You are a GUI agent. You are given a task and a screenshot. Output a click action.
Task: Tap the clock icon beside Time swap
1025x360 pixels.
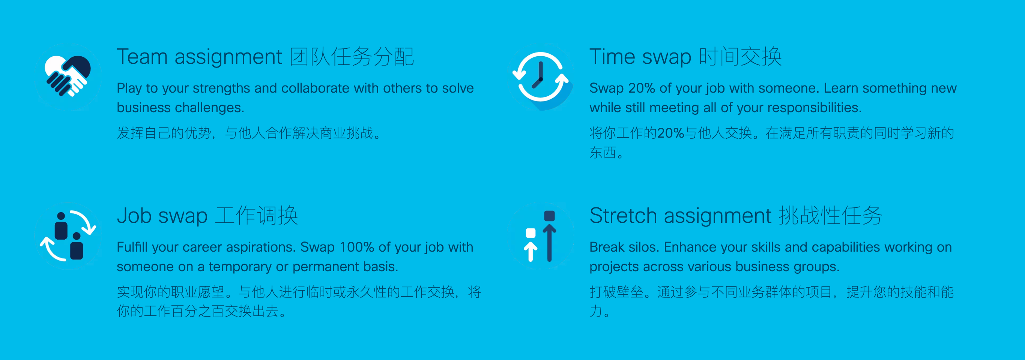pos(541,76)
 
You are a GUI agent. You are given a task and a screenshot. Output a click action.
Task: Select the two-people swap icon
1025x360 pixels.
pos(68,236)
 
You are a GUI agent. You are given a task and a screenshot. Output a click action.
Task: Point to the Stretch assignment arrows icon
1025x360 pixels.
pos(541,236)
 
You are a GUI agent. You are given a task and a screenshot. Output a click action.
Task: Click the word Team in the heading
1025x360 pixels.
pos(142,57)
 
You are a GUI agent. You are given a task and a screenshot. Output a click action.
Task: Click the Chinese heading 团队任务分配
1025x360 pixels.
pos(352,57)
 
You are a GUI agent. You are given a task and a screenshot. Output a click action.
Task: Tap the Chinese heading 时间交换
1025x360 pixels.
pos(740,57)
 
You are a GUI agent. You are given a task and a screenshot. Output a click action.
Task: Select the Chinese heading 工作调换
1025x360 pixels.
pos(257,216)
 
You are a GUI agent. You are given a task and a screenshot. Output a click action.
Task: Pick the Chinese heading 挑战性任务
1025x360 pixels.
pos(830,216)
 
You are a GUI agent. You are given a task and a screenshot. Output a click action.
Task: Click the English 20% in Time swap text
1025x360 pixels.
pos(642,88)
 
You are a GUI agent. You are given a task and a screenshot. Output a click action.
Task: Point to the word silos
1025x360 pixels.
pos(644,247)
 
